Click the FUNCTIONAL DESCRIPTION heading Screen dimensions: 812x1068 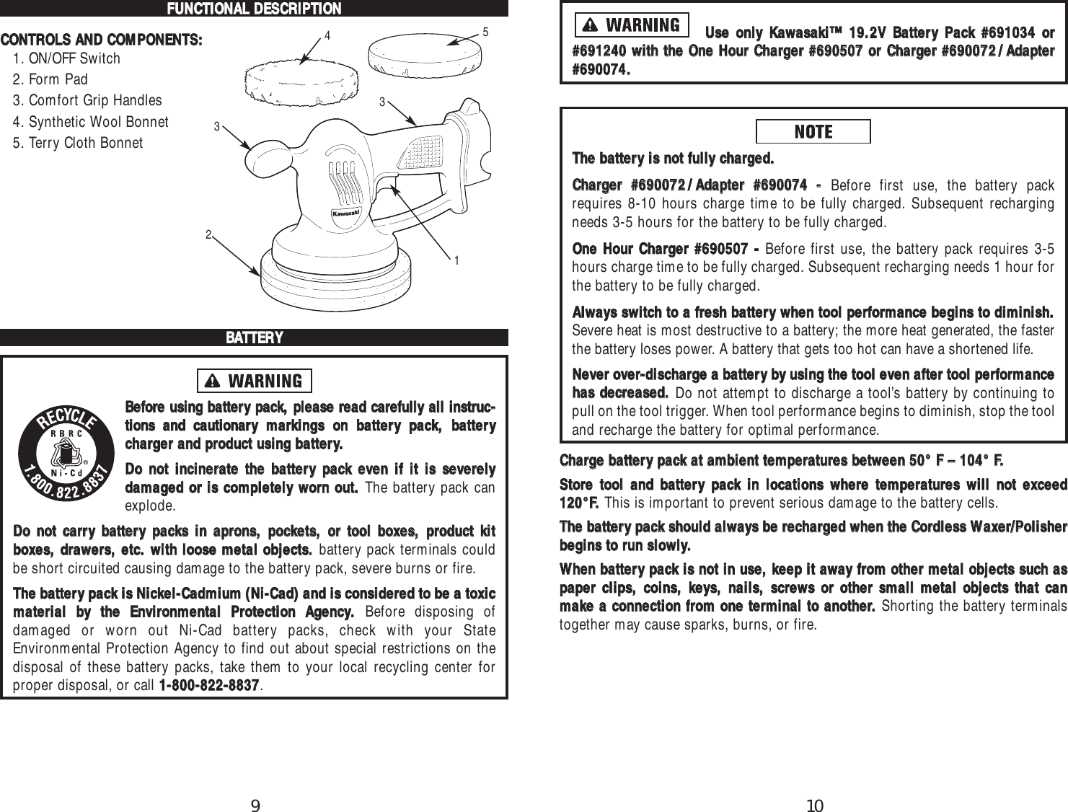254,9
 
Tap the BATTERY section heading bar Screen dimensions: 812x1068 254,337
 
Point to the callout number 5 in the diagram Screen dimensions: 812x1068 486,32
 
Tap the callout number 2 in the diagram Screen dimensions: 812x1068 208,235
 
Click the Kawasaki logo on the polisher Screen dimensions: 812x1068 345,214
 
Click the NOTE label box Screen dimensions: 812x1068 813,132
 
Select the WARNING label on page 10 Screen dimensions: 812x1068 632,25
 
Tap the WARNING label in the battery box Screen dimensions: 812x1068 254,381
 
